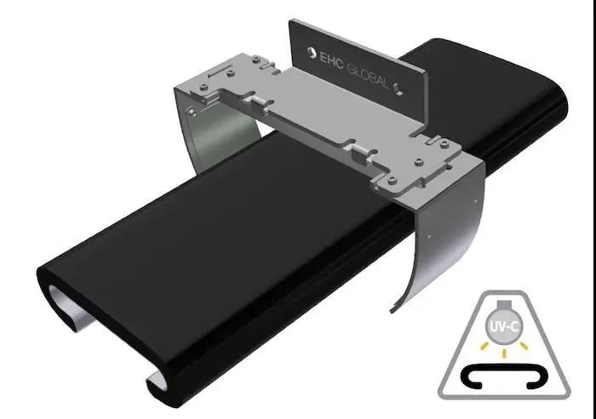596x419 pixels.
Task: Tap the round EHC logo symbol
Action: point(312,54)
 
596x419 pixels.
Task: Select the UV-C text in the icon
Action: point(504,327)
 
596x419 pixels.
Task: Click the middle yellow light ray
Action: point(504,353)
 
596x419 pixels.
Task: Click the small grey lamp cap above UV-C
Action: point(504,306)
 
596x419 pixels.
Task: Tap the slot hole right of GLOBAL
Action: point(398,89)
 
